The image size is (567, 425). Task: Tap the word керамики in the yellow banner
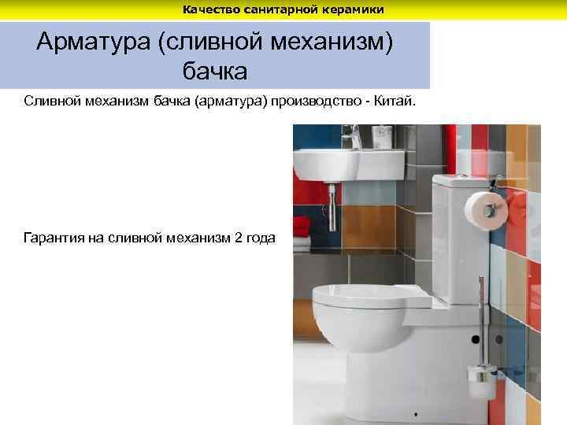coord(357,9)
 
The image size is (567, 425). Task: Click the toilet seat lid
coord(370,297)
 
